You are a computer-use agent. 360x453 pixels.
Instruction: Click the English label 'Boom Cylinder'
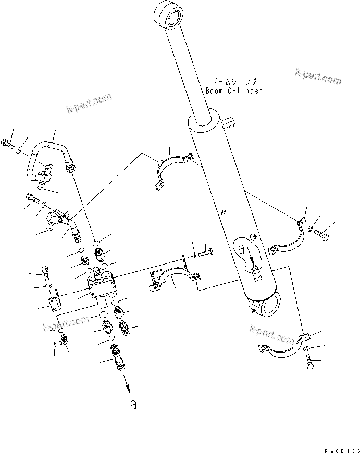233,91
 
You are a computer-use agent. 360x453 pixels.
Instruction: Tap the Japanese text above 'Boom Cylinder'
234,82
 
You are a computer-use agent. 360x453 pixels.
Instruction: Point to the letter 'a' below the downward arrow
133,405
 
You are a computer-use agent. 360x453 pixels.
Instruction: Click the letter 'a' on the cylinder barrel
241,250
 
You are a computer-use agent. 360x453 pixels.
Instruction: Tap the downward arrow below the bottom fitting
127,386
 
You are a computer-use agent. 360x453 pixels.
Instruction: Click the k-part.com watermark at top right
318,76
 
